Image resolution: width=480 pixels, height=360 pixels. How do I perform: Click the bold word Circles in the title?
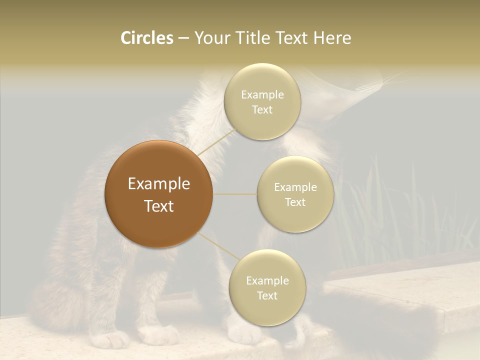[x=146, y=38]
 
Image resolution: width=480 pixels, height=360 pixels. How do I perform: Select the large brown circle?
[x=158, y=194]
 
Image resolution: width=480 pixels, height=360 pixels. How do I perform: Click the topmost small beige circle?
[x=262, y=101]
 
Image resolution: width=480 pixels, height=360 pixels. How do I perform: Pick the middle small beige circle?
[x=295, y=194]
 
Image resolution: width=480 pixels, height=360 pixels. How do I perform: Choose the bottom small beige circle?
[x=267, y=287]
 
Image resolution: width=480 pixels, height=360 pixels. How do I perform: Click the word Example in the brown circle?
[x=158, y=184]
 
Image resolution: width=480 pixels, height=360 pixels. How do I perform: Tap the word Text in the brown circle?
[x=158, y=206]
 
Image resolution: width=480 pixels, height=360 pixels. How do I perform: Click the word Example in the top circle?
[x=262, y=94]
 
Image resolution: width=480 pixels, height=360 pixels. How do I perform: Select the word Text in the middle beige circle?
[x=295, y=202]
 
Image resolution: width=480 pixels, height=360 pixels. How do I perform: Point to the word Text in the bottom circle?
[x=267, y=295]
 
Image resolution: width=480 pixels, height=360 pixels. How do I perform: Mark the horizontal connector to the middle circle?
[x=234, y=194]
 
